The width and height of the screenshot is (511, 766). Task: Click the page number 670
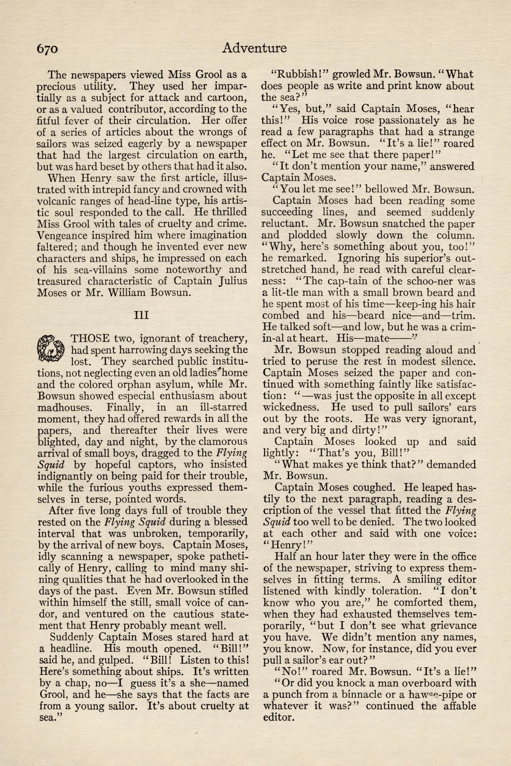[47, 49]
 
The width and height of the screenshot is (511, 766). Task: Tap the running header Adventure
[254, 48]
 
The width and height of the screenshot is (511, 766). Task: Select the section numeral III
[142, 315]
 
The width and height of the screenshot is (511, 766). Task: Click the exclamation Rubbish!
[299, 74]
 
